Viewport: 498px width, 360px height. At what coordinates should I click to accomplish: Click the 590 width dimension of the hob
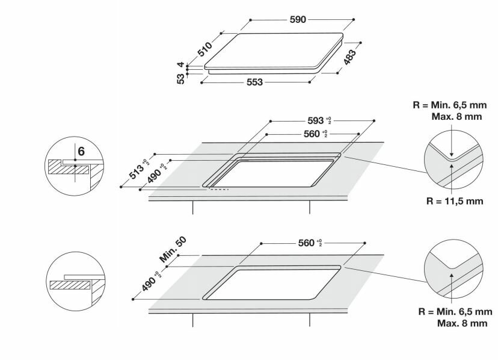298,19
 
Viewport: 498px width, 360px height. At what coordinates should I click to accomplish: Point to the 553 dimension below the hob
254,82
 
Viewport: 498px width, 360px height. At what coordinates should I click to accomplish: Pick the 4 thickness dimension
180,64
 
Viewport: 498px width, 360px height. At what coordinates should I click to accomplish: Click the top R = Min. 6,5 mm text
447,105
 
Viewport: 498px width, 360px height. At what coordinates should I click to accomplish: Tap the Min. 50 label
173,248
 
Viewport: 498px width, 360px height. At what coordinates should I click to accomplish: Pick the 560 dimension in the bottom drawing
310,243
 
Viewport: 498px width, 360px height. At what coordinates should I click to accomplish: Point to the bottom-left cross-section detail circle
72,281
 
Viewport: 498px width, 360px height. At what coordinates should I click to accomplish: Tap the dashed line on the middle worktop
219,189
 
